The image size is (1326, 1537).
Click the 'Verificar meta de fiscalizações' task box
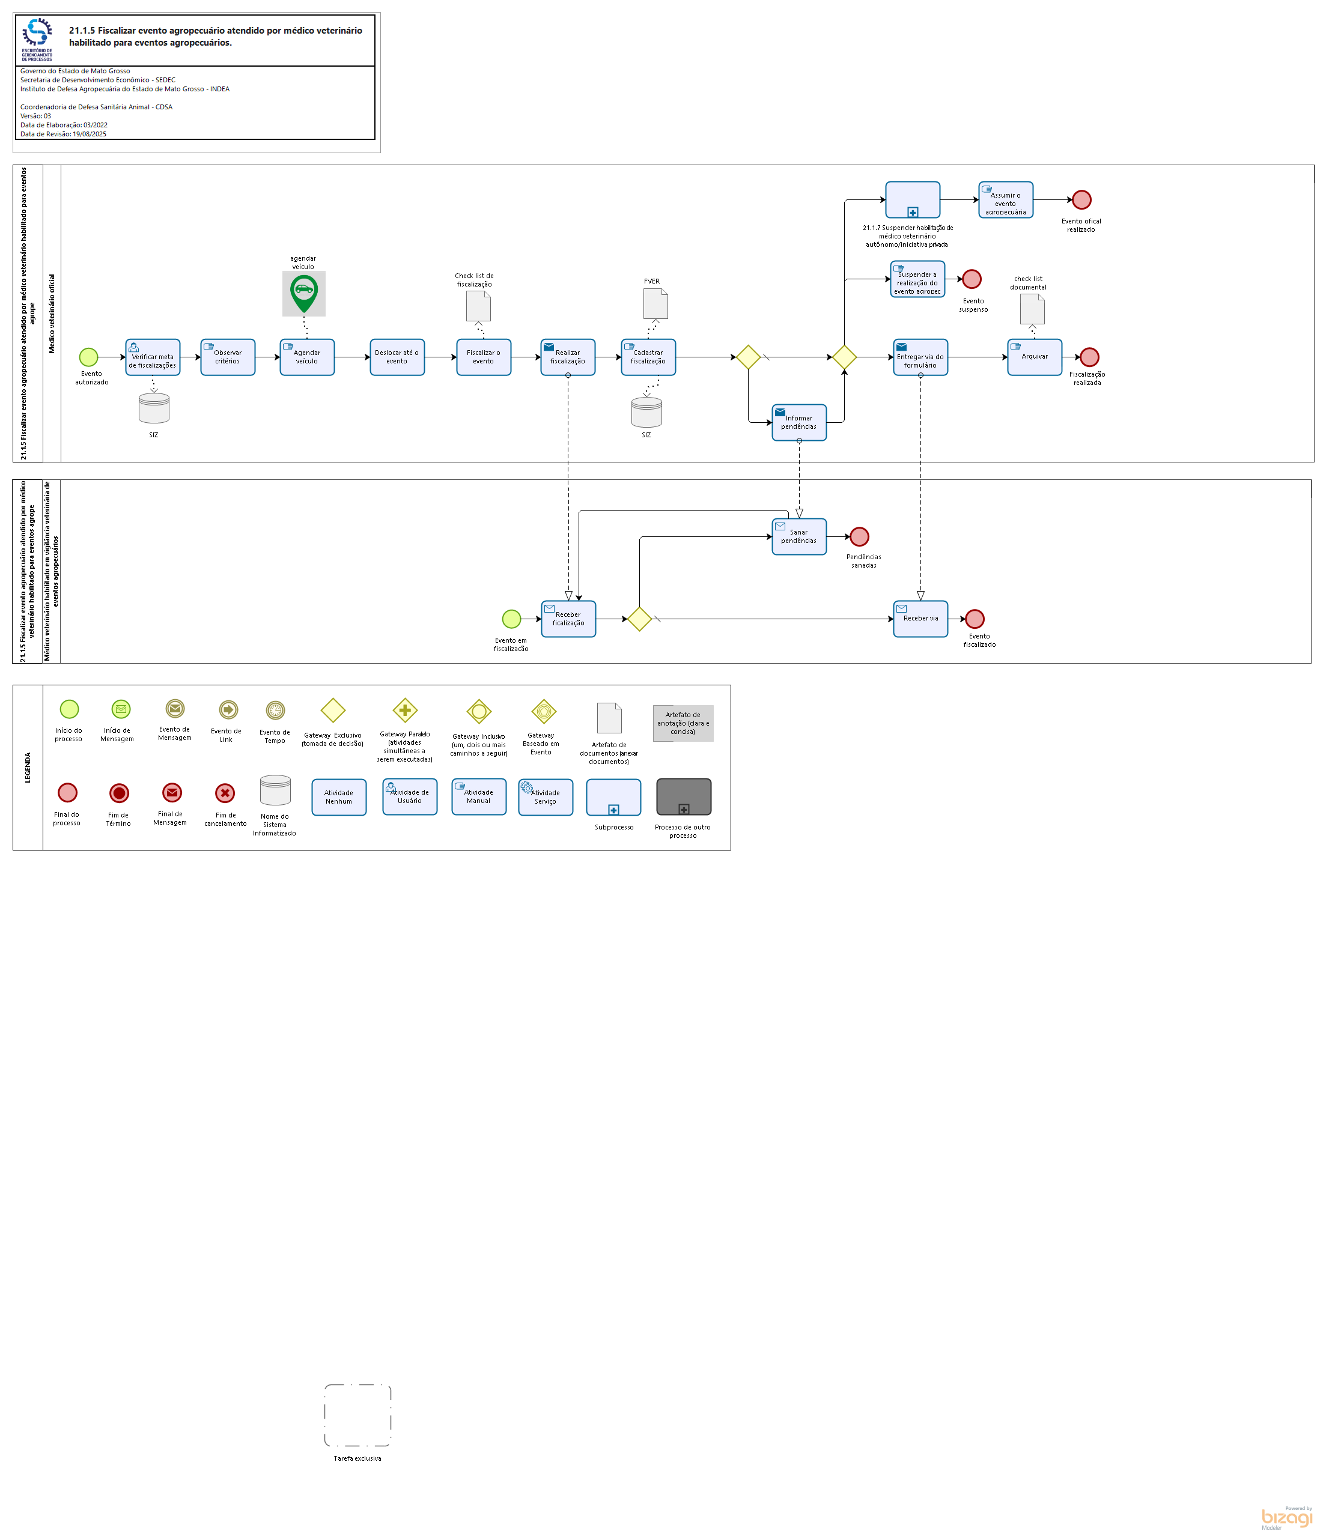[153, 357]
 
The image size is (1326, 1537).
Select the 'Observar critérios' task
[228, 357]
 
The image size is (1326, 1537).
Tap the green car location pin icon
[304, 294]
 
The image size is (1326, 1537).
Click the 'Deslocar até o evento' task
[397, 357]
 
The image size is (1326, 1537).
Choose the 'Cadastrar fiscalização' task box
[648, 357]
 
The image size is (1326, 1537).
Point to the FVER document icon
[655, 303]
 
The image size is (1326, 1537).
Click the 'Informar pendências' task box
[799, 423]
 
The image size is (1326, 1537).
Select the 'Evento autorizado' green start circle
[89, 357]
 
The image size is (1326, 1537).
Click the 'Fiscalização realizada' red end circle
[1089, 357]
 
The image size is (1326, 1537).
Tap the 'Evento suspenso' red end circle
[972, 279]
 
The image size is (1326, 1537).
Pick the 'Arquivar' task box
[1035, 357]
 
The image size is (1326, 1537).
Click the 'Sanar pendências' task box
[799, 536]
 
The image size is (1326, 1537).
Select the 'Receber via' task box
[920, 619]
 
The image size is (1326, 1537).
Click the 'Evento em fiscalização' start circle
[511, 619]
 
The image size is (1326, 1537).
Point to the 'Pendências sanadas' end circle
[859, 536]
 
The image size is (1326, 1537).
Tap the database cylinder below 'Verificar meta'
[154, 408]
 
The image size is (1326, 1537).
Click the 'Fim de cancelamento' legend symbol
[225, 793]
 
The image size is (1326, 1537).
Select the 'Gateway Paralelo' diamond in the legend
[405, 710]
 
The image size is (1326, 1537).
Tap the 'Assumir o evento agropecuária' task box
[1005, 199]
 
